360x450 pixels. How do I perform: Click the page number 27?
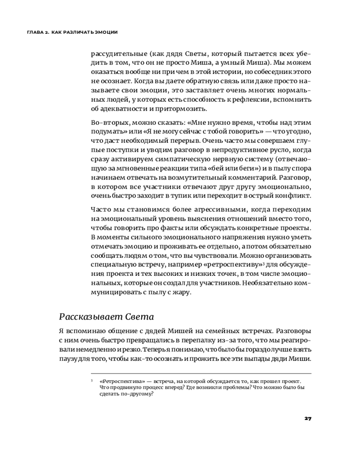[x=307, y=418]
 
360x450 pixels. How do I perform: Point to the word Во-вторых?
[x=107, y=122]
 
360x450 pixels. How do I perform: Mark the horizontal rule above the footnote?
[x=200, y=373]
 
